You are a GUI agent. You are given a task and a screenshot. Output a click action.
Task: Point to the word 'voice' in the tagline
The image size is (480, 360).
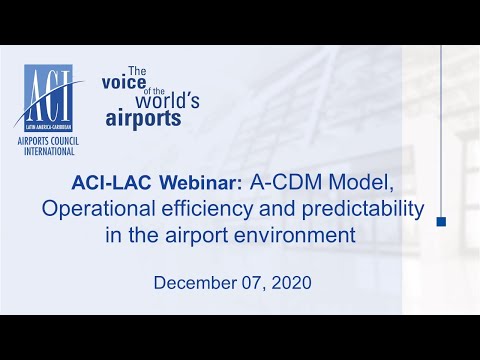click(x=123, y=85)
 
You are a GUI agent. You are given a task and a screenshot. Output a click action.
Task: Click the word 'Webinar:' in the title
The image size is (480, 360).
click(x=191, y=183)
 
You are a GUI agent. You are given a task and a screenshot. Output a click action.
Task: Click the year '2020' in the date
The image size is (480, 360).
click(x=292, y=283)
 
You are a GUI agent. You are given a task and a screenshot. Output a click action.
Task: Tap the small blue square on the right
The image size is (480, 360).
click(x=441, y=221)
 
